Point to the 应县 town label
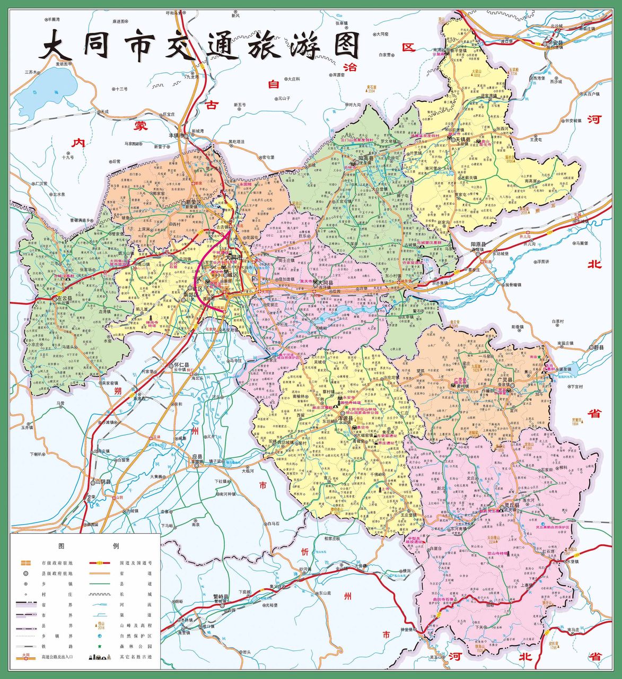pyautogui.click(x=197, y=457)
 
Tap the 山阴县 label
pyautogui.click(x=103, y=482)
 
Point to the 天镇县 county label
pyautogui.click(x=463, y=139)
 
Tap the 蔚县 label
pyautogui.click(x=599, y=347)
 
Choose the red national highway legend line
pyautogui.click(x=99, y=563)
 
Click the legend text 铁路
pyautogui.click(x=48, y=646)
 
